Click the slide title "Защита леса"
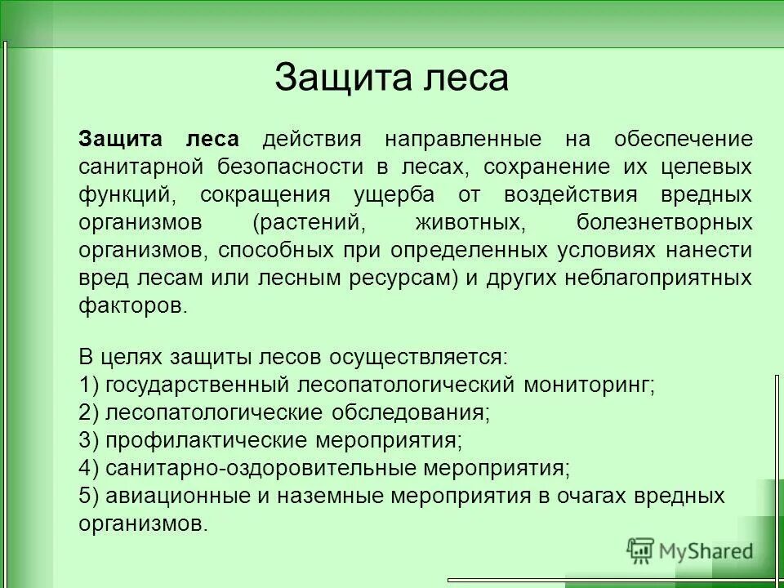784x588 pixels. pos(391,78)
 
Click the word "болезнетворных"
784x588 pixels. pos(664,222)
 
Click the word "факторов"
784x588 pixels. pos(131,306)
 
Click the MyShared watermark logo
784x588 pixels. pos(690,550)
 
